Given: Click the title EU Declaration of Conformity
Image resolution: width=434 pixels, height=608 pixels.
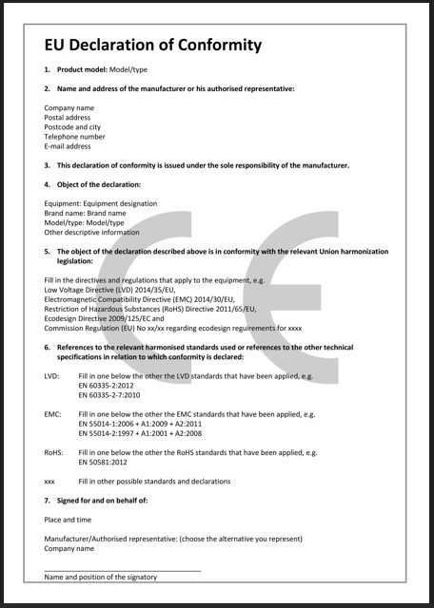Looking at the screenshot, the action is pos(152,45).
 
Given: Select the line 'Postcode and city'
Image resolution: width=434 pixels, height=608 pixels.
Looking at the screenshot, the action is pos(72,126).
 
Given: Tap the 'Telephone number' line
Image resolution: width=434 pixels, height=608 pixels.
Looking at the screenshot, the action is pos(74,137).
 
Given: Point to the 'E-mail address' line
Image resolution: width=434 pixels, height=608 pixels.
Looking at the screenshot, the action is pos(68,146).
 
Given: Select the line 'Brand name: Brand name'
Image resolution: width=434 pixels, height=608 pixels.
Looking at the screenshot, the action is pos(84,213).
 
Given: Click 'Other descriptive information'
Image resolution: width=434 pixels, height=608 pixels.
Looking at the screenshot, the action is pos(91,232).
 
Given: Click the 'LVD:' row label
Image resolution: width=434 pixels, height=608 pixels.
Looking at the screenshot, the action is pos(52,376).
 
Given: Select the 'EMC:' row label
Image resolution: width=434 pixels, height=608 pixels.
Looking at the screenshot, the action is pos(53,415).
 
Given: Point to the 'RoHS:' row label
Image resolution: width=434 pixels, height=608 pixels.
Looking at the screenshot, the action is pos(54,453).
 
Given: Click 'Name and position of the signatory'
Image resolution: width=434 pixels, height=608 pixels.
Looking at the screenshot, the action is pos(101,577).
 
